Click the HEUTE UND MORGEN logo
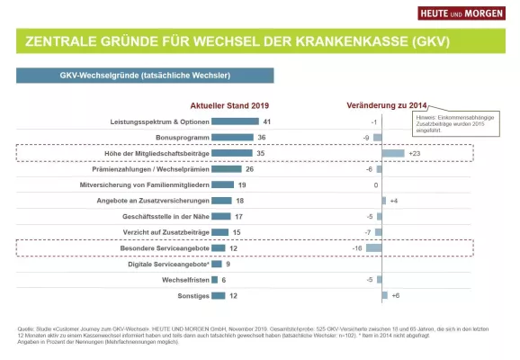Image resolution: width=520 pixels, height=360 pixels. tap(461, 13)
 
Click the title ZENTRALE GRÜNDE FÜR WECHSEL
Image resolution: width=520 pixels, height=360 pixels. tap(238, 42)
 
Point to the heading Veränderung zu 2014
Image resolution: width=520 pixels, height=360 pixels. tap(387, 105)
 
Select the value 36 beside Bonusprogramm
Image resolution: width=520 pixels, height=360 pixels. tap(261, 138)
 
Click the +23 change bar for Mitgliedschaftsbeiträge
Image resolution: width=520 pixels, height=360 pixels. tap(393, 154)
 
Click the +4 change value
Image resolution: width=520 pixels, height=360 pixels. tap(394, 200)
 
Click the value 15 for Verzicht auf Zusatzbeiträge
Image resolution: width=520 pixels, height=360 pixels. tap(236, 231)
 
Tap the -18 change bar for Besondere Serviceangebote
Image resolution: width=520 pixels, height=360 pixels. tap(373, 247)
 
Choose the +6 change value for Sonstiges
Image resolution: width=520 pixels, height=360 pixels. tap(395, 295)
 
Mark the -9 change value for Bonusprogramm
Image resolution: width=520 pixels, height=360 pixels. tap(366, 138)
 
